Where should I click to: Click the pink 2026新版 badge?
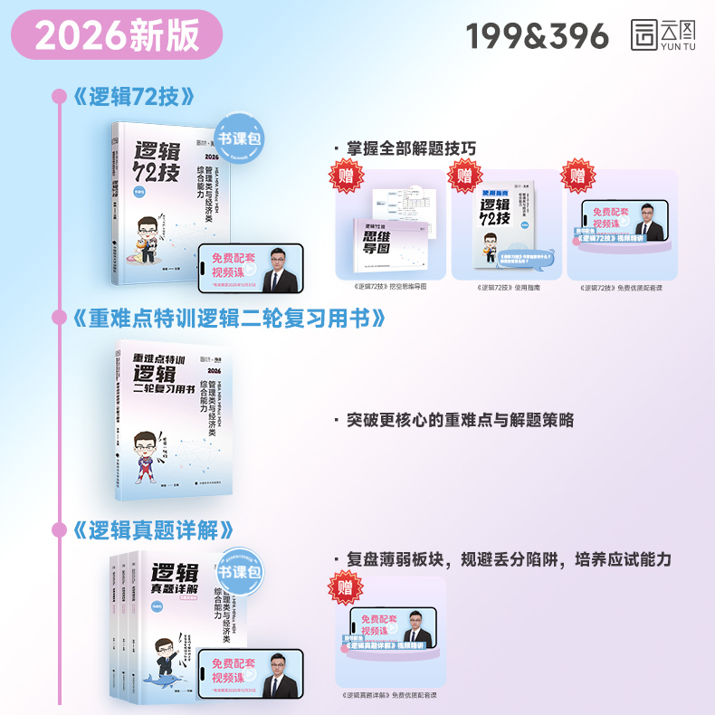[x=118, y=35]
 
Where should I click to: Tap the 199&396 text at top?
[x=538, y=35]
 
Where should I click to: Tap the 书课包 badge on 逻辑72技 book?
[x=238, y=138]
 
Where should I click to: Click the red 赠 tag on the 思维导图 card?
[x=347, y=176]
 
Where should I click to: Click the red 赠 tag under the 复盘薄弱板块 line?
[x=347, y=586]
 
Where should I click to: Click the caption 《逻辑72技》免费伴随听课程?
[x=622, y=288]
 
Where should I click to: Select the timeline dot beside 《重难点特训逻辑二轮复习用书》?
[x=60, y=318]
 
